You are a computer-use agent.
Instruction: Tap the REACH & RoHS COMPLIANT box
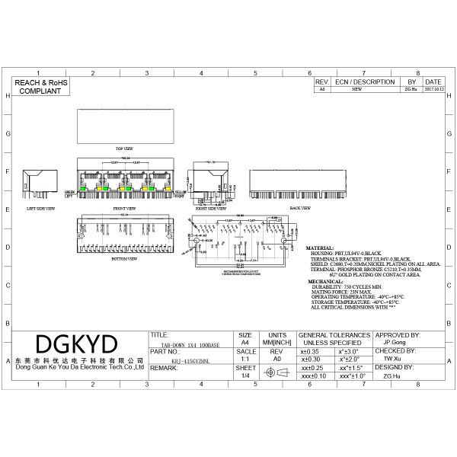pos(39,86)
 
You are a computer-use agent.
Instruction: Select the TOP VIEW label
pos(124,148)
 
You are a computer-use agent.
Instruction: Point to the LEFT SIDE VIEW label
pos(41,207)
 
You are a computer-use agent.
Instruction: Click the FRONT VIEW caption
pos(124,207)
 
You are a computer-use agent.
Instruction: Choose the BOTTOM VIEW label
pos(123,258)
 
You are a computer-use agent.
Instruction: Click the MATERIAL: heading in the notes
pos(320,248)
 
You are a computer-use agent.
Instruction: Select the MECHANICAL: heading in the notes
pos(324,281)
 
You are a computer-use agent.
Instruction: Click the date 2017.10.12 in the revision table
pos(433,89)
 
